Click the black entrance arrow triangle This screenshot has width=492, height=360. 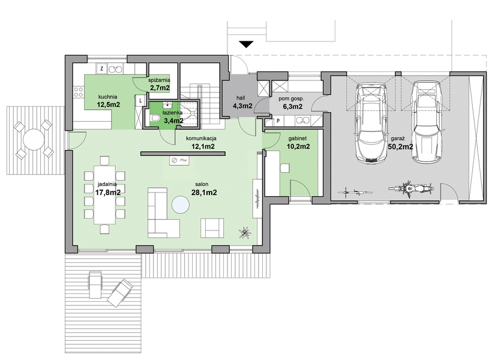pyautogui.click(x=247, y=44)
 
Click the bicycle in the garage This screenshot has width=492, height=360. pyautogui.click(x=356, y=191)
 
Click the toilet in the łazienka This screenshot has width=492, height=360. pyautogui.click(x=155, y=118)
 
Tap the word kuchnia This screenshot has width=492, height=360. pyautogui.click(x=107, y=97)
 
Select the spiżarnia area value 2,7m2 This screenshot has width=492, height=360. pyautogui.click(x=160, y=88)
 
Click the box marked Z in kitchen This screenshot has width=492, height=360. pyautogui.click(x=101, y=68)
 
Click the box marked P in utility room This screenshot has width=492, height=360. pyautogui.click(x=278, y=121)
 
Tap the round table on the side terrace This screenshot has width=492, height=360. pyautogui.click(x=34, y=139)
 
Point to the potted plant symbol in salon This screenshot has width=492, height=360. pyautogui.click(x=244, y=233)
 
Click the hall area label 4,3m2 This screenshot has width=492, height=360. pyautogui.click(x=242, y=106)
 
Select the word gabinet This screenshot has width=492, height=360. pyautogui.click(x=297, y=139)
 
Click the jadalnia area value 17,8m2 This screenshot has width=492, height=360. pyautogui.click(x=108, y=193)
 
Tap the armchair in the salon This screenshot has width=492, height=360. pyautogui.click(x=212, y=228)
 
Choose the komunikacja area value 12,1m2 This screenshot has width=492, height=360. pyautogui.click(x=203, y=146)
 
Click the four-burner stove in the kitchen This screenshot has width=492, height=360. pyautogui.click(x=79, y=92)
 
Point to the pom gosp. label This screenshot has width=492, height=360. pyautogui.click(x=292, y=98)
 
